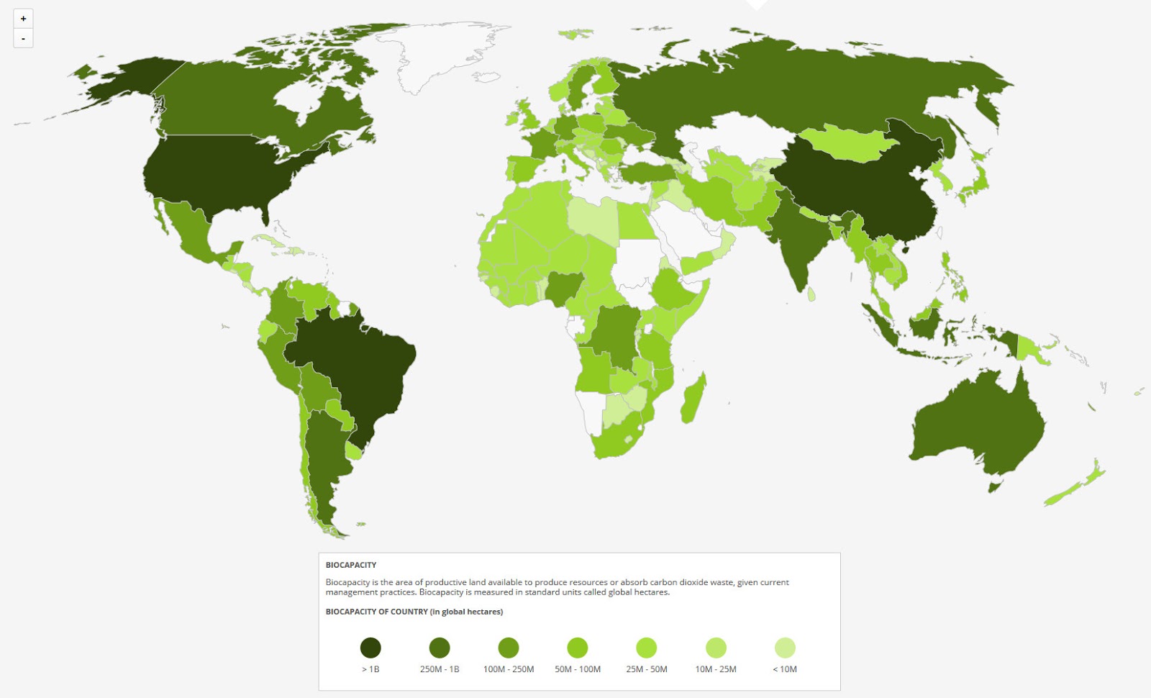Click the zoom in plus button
pos(23,19)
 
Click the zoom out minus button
pos(23,38)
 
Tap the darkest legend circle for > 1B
pos(370,648)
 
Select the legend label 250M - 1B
pos(440,669)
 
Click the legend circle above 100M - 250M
pos(509,648)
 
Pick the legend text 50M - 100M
pos(578,669)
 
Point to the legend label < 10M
pos(785,669)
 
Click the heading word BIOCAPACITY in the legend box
pos(351,565)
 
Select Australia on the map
pos(978,425)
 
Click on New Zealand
pos(1079,486)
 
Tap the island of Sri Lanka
pos(811,294)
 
